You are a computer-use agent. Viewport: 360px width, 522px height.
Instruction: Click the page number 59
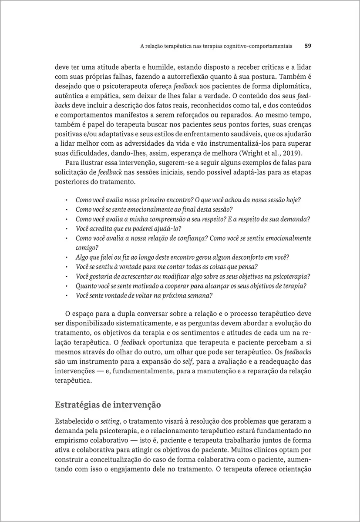point(307,45)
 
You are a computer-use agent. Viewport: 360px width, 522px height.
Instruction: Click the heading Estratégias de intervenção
point(108,405)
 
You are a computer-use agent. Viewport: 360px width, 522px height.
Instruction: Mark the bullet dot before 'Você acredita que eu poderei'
point(65,229)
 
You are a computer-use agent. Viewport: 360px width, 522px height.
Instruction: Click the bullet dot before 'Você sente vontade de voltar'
point(65,296)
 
